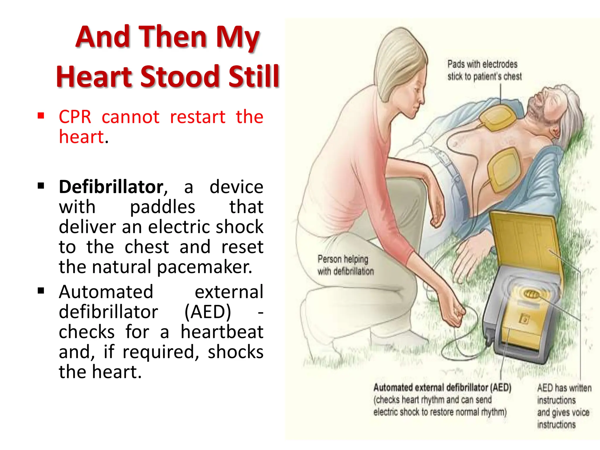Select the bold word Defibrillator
(x=111, y=187)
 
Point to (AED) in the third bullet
(x=208, y=312)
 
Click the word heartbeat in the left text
(x=222, y=332)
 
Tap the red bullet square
(x=41, y=116)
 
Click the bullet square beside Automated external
(x=41, y=291)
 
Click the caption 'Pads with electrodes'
(x=482, y=64)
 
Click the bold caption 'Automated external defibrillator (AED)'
(x=442, y=388)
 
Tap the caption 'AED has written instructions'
(x=564, y=394)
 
